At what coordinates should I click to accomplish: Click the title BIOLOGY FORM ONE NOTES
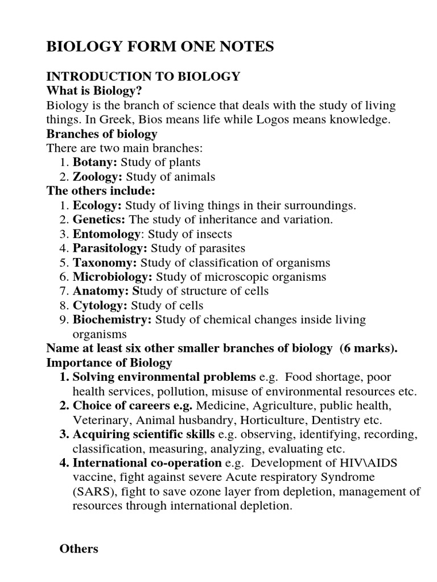tap(160, 47)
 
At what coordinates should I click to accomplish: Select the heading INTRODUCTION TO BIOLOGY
tap(143, 77)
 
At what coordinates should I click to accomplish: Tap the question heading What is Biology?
tap(93, 91)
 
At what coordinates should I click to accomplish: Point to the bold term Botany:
tap(94, 163)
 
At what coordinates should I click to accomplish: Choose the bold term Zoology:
tap(97, 177)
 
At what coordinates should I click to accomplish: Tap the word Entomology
tap(106, 234)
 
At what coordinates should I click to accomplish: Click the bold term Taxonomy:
tap(105, 263)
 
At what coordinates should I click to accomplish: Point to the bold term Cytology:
tap(100, 306)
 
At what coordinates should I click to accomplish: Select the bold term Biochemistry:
tap(112, 320)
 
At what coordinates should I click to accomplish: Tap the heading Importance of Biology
tap(109, 363)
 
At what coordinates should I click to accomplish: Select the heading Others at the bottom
tap(79, 549)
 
